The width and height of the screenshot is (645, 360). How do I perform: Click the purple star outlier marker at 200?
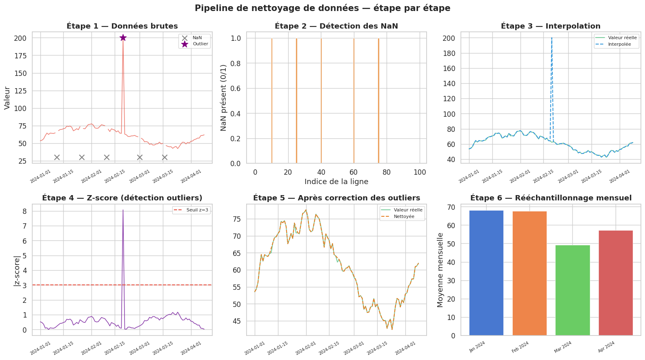123,38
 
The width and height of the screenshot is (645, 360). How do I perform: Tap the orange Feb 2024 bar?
529,273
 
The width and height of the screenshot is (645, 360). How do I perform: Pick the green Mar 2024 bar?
572,290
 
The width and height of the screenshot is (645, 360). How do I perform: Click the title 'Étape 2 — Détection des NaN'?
336,26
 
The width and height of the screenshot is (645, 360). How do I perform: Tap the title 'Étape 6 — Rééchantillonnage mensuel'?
551,198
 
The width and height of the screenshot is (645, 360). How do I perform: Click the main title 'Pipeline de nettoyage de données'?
322,8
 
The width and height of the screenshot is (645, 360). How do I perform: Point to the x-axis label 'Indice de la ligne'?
336,182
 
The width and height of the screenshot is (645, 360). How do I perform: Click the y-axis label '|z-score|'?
17,271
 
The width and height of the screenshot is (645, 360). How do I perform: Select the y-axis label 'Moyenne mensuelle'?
440,270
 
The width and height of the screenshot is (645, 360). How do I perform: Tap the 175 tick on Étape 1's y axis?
20,56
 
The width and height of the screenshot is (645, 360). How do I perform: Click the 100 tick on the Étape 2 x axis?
420,172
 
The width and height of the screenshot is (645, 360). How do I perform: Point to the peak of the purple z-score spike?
123,210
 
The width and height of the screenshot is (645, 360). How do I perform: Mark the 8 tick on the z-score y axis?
25,211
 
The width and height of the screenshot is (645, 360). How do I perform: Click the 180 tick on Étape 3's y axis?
449,53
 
